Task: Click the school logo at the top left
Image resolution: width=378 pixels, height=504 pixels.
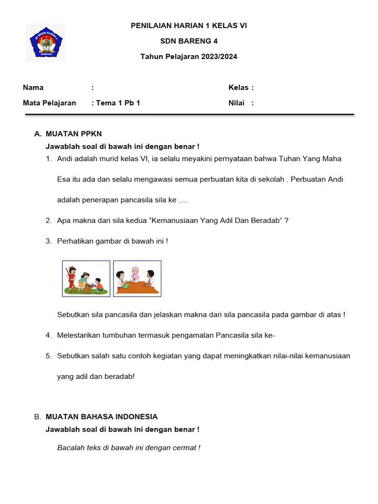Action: click(46, 43)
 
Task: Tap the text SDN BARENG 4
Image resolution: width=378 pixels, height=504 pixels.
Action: click(189, 41)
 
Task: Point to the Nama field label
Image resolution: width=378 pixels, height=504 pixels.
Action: click(33, 88)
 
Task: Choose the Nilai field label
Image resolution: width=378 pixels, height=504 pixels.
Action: click(237, 103)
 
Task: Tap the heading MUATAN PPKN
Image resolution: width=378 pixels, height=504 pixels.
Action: click(74, 134)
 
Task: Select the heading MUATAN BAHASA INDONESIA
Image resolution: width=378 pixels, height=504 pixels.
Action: click(101, 417)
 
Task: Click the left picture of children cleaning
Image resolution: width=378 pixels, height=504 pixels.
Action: click(86, 278)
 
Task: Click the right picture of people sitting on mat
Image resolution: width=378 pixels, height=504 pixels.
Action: click(137, 278)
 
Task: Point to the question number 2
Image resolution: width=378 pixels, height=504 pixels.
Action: click(49, 220)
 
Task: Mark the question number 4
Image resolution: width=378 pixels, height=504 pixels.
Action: click(49, 335)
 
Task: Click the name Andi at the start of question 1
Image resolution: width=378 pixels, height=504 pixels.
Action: click(65, 158)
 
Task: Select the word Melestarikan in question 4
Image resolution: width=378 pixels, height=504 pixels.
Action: click(79, 335)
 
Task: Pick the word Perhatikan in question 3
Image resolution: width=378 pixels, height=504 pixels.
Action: click(75, 241)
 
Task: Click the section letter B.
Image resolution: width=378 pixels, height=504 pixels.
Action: click(37, 417)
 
